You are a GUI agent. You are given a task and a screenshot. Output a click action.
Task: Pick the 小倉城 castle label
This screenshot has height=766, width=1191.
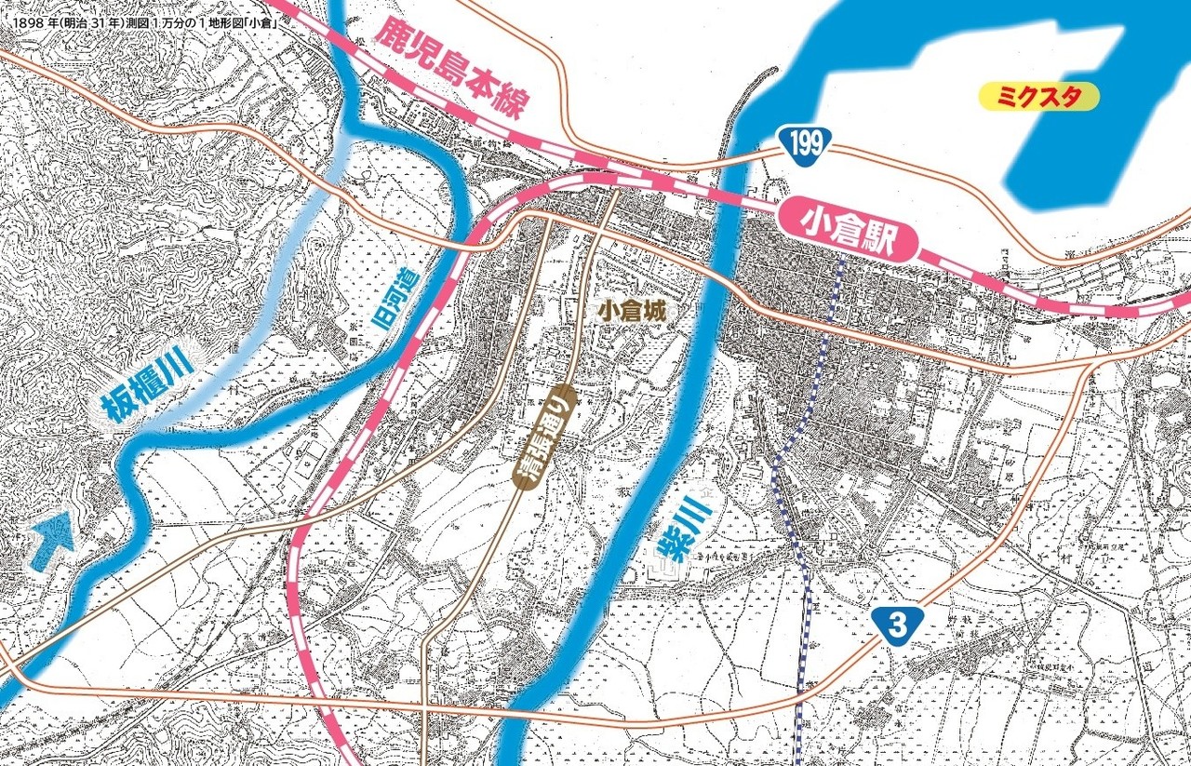point(632,312)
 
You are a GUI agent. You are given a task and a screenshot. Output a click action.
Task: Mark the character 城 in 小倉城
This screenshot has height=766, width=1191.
point(655,312)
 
